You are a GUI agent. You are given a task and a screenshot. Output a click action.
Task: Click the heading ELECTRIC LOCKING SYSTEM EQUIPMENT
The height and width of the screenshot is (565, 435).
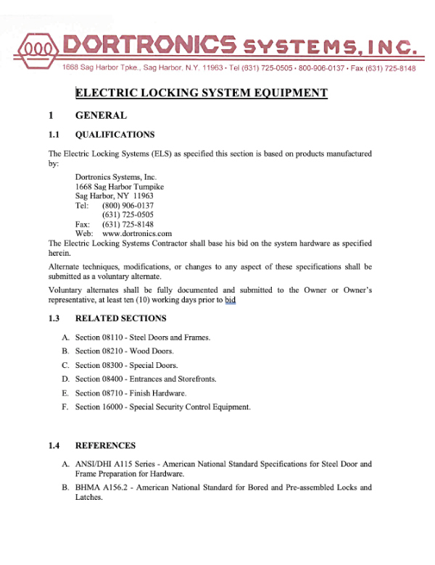point(202,93)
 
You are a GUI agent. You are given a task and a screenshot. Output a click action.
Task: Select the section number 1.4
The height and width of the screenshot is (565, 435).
point(54,445)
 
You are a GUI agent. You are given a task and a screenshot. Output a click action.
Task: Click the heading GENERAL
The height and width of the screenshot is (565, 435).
point(101,115)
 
